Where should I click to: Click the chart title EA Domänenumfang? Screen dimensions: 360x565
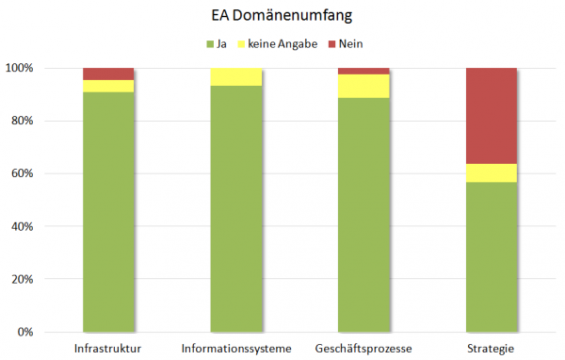pyautogui.click(x=282, y=16)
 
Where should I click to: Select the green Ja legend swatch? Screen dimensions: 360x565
pyautogui.click(x=209, y=43)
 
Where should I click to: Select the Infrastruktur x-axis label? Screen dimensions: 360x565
pyautogui.click(x=107, y=350)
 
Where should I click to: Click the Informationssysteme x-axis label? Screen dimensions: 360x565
pyautogui.click(x=235, y=350)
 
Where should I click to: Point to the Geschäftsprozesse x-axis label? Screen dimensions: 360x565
pyautogui.click(x=363, y=350)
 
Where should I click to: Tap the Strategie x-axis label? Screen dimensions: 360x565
pyautogui.click(x=492, y=350)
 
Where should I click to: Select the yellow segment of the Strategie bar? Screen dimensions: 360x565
pyautogui.click(x=492, y=172)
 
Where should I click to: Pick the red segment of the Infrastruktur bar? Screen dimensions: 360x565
pyautogui.click(x=108, y=74)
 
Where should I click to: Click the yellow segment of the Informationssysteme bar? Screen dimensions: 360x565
pyautogui.click(x=235, y=76)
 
